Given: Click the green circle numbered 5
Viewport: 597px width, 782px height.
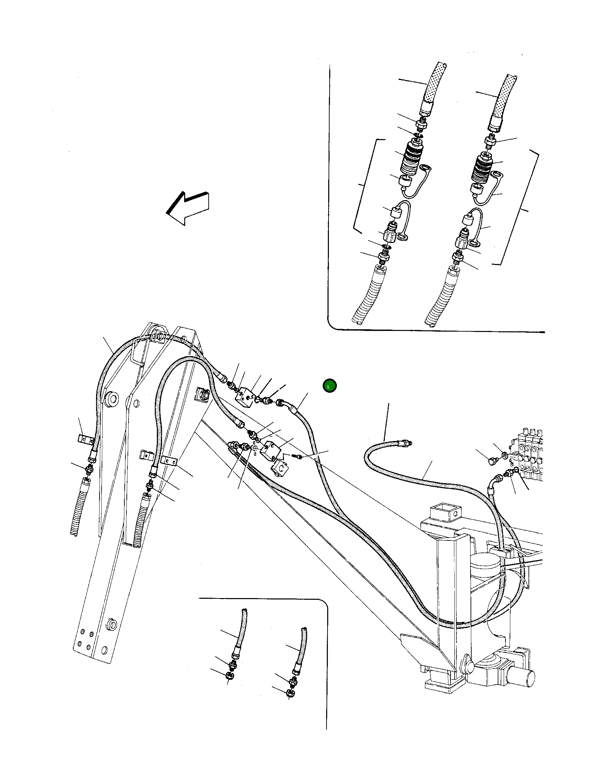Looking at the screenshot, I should click(329, 386).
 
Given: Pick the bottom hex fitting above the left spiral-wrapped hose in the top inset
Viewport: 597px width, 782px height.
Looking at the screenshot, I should click(384, 256).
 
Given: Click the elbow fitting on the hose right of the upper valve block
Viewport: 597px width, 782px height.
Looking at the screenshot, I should click(283, 404).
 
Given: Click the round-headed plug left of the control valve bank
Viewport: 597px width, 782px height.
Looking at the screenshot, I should click(492, 461).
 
